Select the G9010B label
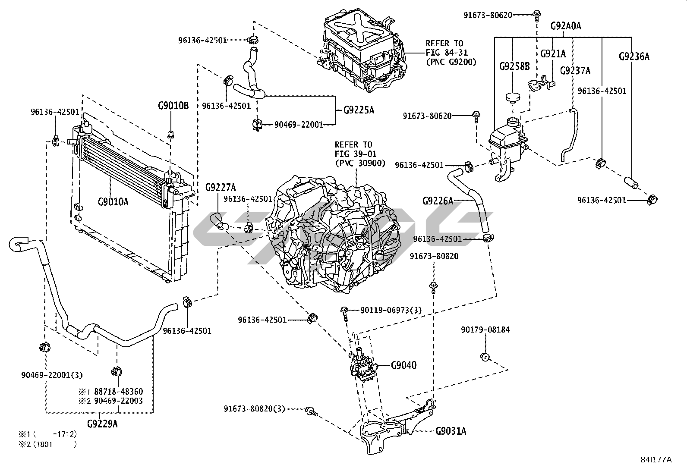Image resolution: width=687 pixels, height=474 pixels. [x=173, y=106]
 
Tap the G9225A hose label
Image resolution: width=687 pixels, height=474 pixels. [x=359, y=110]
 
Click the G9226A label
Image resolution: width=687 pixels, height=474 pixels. [x=438, y=201]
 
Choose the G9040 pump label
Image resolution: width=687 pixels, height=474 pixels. [x=404, y=365]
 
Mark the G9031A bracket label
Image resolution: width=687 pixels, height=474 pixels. [x=451, y=430]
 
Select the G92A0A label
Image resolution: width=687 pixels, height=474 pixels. [x=566, y=26]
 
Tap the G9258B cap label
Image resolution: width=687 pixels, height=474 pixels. [x=514, y=67]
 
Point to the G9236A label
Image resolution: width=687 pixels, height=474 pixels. [x=633, y=57]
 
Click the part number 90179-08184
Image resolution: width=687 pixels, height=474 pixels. [x=485, y=330]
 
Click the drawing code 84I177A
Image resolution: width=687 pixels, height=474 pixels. [x=656, y=459]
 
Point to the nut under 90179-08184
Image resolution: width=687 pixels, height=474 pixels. [x=485, y=357]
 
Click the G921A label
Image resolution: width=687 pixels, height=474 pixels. [x=553, y=53]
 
